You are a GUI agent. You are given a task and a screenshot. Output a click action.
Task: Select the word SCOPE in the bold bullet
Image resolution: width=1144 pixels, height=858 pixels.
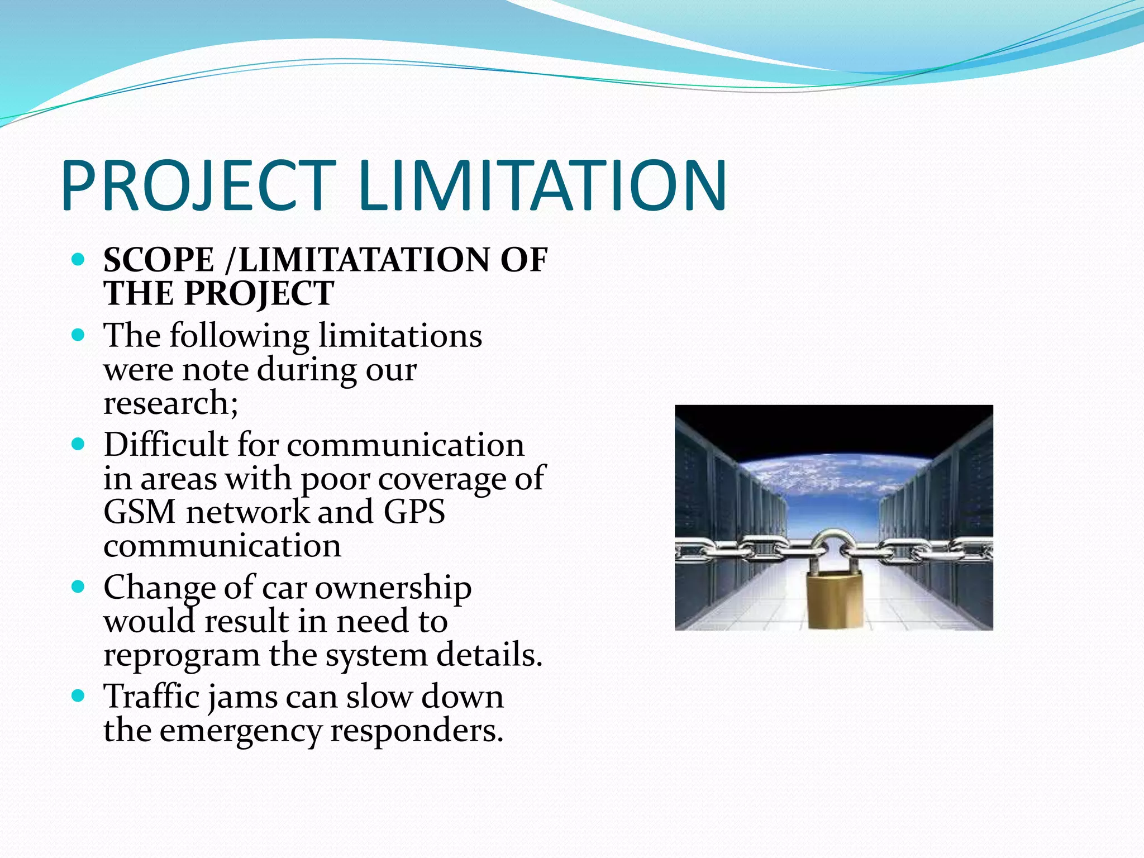point(159,260)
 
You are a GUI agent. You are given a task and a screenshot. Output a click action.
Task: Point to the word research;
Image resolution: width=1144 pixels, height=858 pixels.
point(170,403)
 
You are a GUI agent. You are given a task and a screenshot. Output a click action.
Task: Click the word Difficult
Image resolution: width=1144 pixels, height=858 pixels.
point(165,445)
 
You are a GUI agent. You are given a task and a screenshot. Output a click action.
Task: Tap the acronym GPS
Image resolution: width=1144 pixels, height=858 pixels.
point(414,512)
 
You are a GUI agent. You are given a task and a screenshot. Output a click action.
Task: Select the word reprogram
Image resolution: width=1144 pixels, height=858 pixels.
point(181,656)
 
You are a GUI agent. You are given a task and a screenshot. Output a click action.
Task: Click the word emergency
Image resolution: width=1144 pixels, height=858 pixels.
point(240,731)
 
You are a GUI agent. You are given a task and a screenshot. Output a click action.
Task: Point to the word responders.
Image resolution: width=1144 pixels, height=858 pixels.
point(417,731)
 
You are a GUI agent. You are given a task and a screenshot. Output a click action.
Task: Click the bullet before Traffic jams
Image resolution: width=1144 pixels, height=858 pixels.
point(79,695)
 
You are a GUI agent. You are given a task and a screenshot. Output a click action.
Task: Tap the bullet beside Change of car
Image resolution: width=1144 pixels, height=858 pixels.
point(79,587)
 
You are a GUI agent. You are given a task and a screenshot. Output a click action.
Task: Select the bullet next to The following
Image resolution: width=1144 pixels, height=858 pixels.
point(79,335)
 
